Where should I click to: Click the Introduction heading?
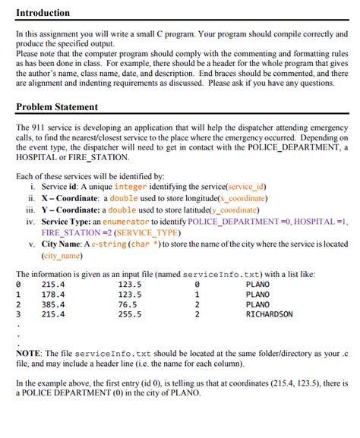[43, 13]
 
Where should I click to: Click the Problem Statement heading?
[56, 107]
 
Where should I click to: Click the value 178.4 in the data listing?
[53, 295]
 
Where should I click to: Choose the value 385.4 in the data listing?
[53, 304]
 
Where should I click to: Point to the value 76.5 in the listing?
[128, 304]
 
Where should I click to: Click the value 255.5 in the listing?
[130, 314]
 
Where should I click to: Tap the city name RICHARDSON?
[269, 314]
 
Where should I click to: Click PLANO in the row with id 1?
[257, 295]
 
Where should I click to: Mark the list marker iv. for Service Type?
[30, 221]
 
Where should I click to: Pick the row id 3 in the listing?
[18, 314]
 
